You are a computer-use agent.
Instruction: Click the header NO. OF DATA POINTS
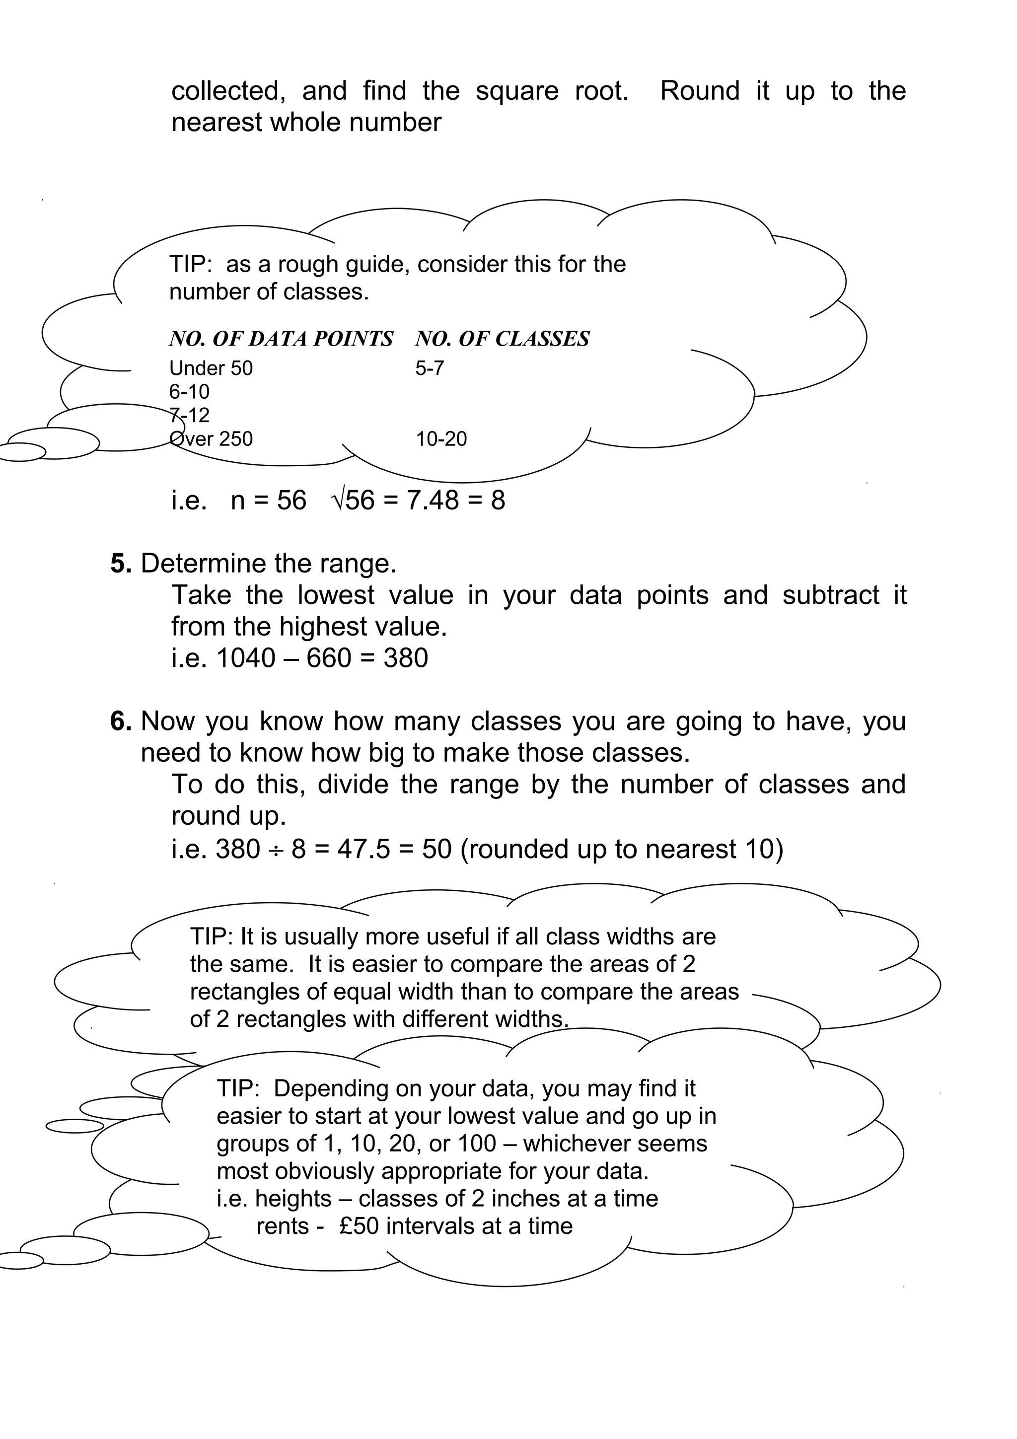[x=281, y=339]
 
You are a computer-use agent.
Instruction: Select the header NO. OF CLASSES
[x=502, y=339]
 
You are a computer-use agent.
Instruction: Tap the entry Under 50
[x=211, y=368]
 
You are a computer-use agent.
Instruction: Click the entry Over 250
[x=211, y=439]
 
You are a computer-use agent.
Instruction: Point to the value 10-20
[x=441, y=439]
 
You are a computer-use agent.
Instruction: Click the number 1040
[x=246, y=658]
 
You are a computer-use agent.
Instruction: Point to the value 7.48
[x=433, y=500]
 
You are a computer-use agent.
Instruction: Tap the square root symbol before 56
[x=337, y=500]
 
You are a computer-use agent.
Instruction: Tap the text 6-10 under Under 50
[x=189, y=392]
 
